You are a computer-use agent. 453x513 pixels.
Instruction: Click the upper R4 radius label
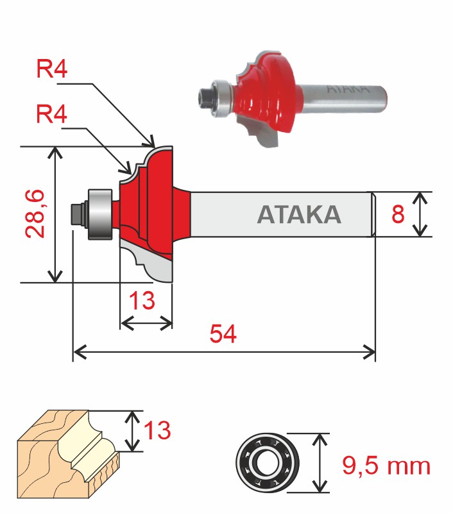(51, 69)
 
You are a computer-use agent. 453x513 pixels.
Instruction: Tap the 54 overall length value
(222, 334)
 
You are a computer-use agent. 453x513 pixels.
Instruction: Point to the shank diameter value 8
(398, 214)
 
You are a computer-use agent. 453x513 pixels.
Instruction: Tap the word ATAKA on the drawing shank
(299, 214)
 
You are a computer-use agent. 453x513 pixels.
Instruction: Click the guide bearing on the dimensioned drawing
(99, 213)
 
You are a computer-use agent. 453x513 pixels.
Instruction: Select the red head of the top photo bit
(269, 93)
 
